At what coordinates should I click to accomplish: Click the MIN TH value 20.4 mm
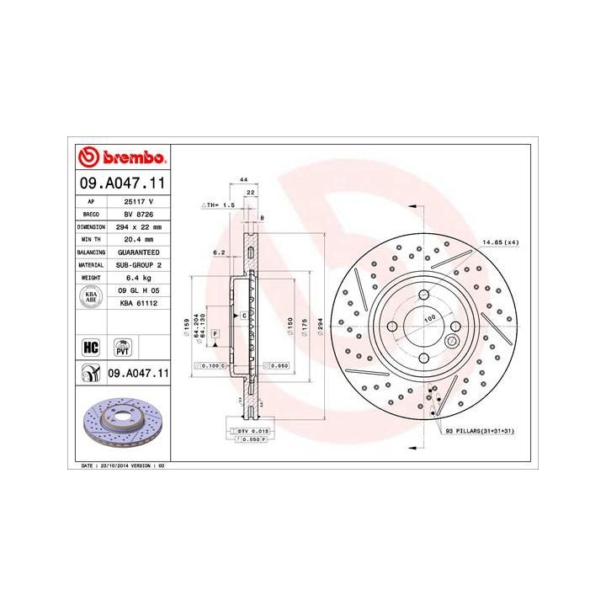[x=135, y=239]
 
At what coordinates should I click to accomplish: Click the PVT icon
[x=123, y=347]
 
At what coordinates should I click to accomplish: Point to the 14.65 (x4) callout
[x=500, y=243]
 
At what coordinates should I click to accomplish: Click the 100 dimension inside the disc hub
[x=428, y=321]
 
